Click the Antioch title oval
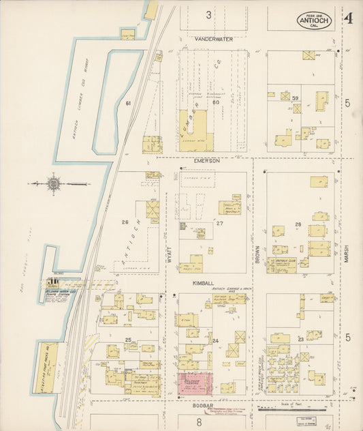click(314, 20)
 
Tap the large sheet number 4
click(348, 18)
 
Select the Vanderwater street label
click(213, 40)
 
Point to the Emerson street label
click(206, 160)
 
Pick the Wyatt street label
click(170, 239)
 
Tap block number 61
click(127, 102)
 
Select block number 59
click(295, 99)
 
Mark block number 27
click(219, 223)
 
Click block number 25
click(127, 339)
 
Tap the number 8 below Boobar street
click(198, 421)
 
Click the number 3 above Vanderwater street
click(209, 14)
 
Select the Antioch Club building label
click(282, 261)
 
